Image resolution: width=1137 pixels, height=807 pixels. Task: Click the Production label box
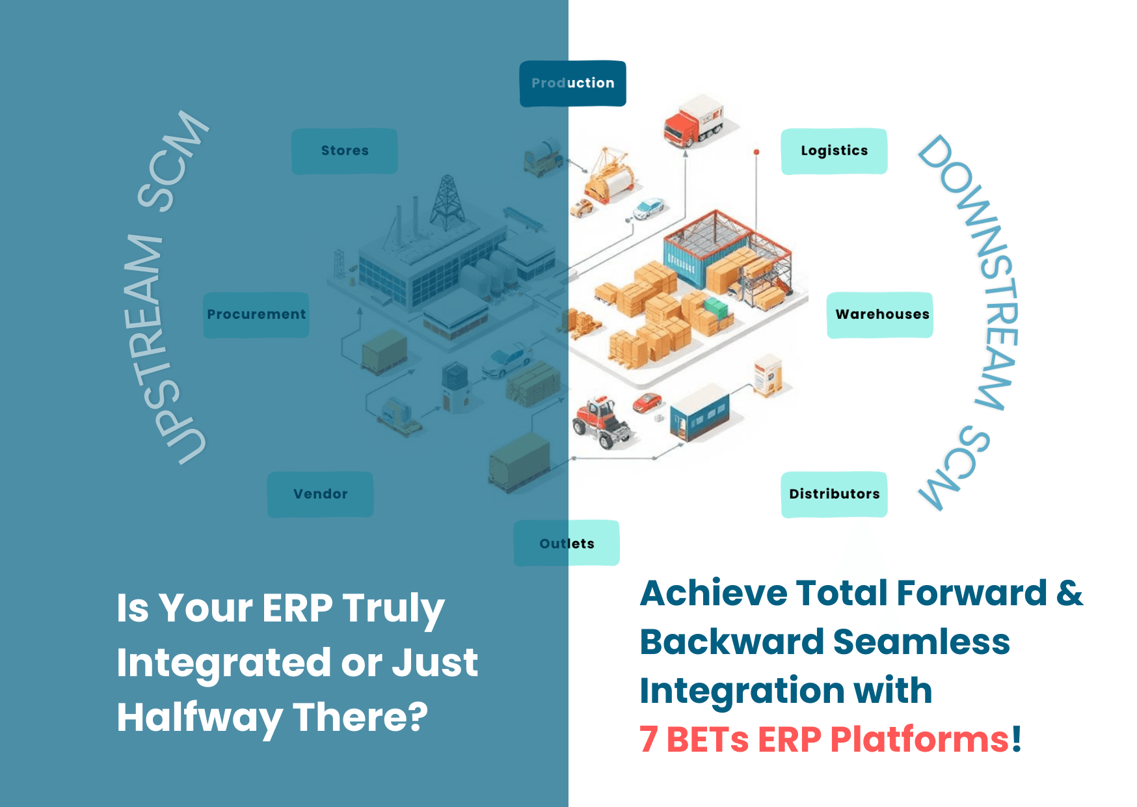[572, 83]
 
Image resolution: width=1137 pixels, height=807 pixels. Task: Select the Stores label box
[345, 151]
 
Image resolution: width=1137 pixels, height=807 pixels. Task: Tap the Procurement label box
[256, 315]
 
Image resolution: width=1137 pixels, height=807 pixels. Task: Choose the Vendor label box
[320, 495]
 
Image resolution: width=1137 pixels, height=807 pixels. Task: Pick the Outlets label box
[567, 543]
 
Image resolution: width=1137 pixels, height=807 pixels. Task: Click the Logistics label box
[834, 151]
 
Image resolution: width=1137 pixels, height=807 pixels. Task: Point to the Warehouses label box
[880, 315]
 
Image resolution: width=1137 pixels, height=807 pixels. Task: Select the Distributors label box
[834, 495]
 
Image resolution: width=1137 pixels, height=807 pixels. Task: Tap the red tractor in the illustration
[602, 422]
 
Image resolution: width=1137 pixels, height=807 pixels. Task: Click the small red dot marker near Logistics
[756, 152]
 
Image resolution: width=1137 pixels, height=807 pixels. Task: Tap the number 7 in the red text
[649, 740]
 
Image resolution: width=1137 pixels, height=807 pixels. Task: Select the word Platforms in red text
[920, 740]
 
